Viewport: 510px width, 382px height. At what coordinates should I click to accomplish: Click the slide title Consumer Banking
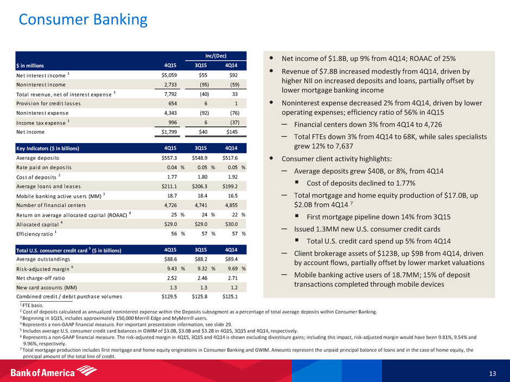point(83,20)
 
